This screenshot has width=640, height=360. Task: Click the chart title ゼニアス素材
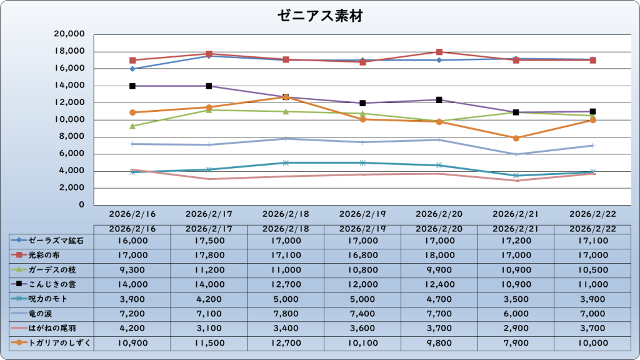[319, 16]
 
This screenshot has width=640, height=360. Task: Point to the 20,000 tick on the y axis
[71, 34]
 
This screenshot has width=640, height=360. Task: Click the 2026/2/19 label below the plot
[362, 214]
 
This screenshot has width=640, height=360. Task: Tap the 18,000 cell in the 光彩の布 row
[439, 255]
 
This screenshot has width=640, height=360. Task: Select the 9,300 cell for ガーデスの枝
[132, 269]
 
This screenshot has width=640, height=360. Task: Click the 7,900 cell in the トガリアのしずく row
[516, 342]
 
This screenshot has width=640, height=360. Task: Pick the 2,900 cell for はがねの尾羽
[516, 328]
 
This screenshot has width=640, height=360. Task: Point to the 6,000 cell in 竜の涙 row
[516, 313]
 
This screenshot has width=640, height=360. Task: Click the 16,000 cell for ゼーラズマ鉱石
[132, 240]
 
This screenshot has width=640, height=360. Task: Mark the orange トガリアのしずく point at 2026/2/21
[516, 138]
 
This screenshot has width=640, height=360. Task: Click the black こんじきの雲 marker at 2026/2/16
[132, 86]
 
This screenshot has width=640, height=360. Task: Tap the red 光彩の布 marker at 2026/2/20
[439, 52]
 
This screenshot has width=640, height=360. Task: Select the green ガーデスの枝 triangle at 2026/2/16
[132, 126]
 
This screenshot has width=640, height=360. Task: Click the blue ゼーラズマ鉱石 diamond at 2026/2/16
[132, 69]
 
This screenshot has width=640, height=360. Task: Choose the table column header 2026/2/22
[592, 228]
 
